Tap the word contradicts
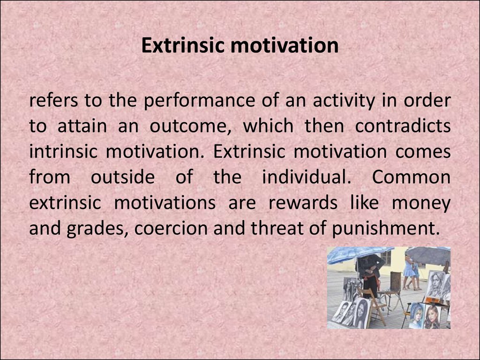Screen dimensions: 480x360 click(x=403, y=126)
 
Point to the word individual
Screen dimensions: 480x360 click(x=307, y=177)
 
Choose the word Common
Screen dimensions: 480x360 click(x=411, y=177)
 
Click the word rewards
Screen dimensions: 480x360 click(x=303, y=203)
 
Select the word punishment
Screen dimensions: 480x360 click(x=385, y=228)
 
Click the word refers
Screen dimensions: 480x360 click(x=53, y=100)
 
